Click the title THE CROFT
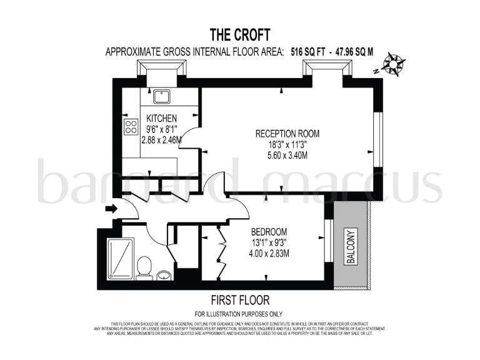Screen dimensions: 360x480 [239, 34]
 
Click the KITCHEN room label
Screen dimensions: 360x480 [162, 118]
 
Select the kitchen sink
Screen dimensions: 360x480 [162, 96]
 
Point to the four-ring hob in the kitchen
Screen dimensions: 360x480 [131, 127]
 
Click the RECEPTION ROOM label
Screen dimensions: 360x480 [287, 134]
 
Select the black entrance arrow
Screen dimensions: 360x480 [111, 209]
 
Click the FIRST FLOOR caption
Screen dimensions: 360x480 [241, 301]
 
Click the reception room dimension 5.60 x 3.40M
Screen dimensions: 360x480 [287, 155]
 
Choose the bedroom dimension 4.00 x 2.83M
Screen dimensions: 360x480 [269, 253]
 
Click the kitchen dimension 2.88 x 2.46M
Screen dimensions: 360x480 [162, 140]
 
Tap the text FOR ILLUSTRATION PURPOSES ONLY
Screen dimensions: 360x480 [239, 313]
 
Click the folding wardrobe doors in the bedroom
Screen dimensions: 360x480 [221, 253]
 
